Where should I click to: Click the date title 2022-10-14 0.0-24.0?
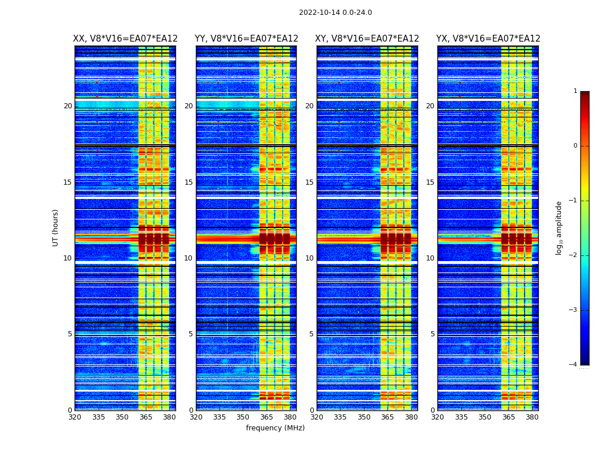coord(335,13)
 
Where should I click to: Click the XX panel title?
coord(125,39)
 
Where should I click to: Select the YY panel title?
coord(246,39)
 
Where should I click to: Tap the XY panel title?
coord(367,39)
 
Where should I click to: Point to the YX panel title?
coord(488,39)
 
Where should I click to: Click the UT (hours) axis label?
coord(56,227)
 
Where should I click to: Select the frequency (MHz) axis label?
coord(275,428)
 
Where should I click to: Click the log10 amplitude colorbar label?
coord(559,227)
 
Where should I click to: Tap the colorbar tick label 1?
coord(575,91)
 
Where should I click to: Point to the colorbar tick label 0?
coord(575,146)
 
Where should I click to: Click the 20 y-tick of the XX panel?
coord(68,106)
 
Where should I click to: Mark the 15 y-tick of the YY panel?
coord(189,182)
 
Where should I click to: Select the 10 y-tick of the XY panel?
coord(309,258)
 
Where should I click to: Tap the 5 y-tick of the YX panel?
coord(432,334)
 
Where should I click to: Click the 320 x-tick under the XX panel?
coord(75,417)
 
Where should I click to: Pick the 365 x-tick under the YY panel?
coord(267,417)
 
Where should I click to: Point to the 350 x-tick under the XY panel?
coord(364,417)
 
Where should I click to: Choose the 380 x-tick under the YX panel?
coord(532,417)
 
